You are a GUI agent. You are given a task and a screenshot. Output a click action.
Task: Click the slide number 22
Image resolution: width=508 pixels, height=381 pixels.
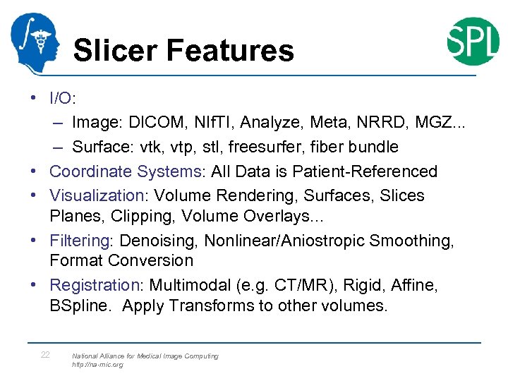click(44, 355)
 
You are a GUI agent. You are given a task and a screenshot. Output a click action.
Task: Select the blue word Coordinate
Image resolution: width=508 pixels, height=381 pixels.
click(90, 171)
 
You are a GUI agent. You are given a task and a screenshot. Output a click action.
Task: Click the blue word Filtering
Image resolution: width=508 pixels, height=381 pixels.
click(79, 241)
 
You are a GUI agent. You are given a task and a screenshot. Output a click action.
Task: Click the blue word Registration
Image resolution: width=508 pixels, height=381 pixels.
click(95, 285)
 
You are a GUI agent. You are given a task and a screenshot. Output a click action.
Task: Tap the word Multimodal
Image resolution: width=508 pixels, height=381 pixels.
click(186, 285)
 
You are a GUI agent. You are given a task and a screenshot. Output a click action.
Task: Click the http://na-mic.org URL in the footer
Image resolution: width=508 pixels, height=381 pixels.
click(97, 365)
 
